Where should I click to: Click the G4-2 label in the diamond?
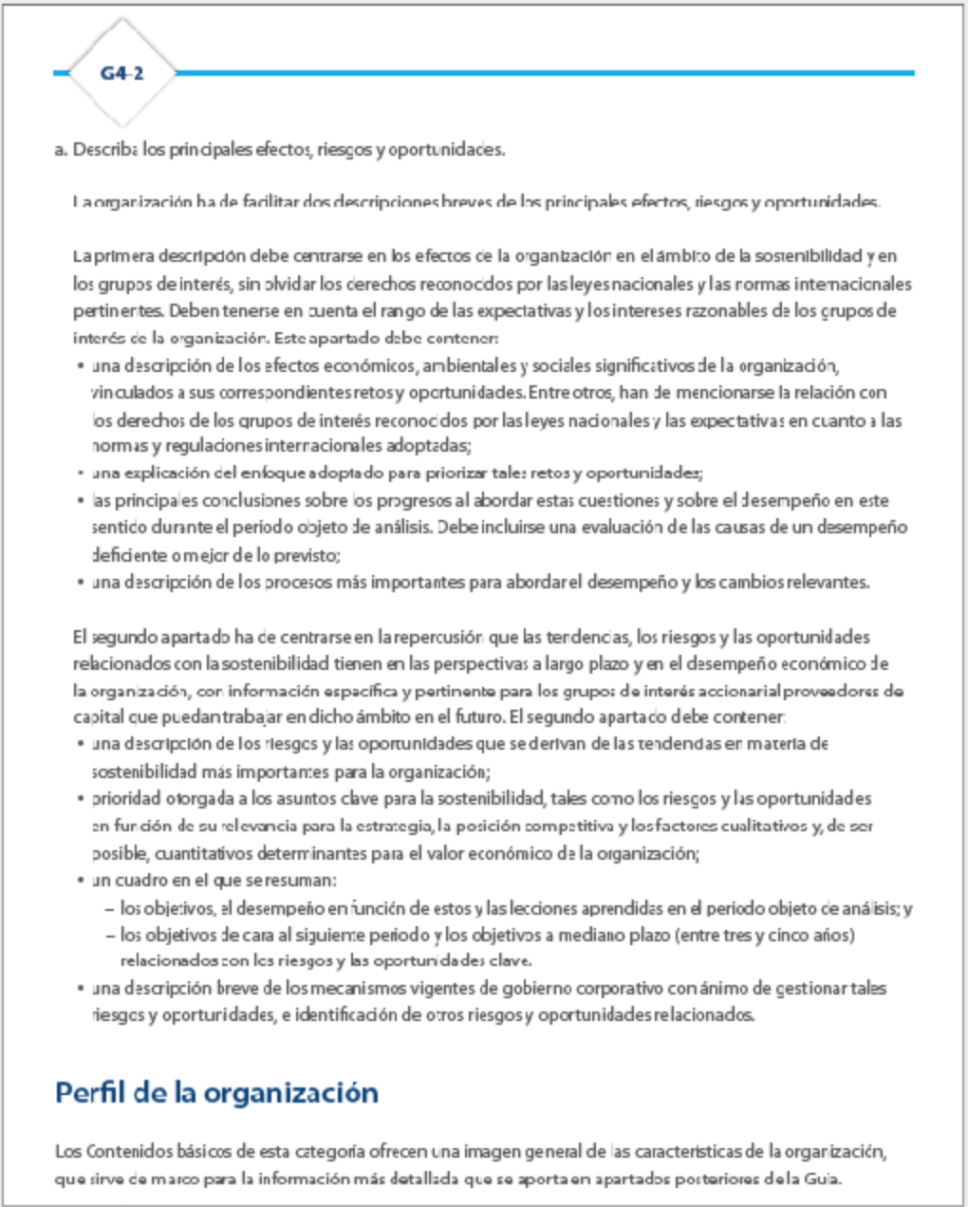121,73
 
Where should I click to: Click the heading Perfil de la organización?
216,1092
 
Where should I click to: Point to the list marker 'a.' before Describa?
62,149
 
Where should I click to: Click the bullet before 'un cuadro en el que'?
81,881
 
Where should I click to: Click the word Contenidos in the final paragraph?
127,1152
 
